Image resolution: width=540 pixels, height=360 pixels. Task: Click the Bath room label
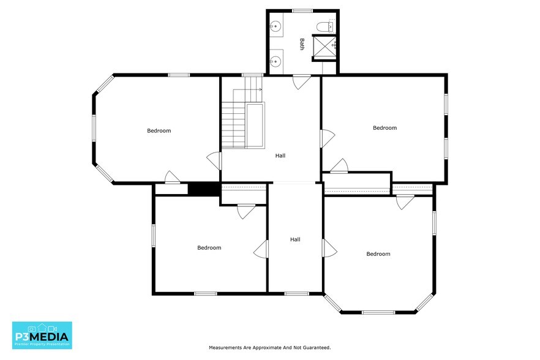[x=302, y=44]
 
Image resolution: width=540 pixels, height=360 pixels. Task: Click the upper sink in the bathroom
[x=276, y=26]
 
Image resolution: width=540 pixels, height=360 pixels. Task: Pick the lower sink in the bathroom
[x=276, y=62]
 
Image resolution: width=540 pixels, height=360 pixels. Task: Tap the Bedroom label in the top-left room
[x=159, y=130]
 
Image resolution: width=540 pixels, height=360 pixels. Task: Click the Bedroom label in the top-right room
[x=384, y=128]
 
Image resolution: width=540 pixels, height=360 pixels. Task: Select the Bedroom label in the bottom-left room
[x=209, y=248]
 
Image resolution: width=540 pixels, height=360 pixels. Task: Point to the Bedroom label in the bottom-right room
[x=378, y=254]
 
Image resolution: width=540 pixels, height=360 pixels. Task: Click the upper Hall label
[x=280, y=156]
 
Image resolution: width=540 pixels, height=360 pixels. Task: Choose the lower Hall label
[x=295, y=239]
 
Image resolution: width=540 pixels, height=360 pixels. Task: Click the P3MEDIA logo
[x=42, y=335]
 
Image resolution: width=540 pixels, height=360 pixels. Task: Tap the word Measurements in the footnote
[x=225, y=348]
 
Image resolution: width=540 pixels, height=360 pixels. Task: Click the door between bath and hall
[x=302, y=82]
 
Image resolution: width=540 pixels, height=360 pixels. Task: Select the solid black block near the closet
[x=204, y=189]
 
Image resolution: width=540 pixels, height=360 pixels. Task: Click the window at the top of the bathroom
[x=302, y=11]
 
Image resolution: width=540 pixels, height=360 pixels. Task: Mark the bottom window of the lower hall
[x=296, y=294]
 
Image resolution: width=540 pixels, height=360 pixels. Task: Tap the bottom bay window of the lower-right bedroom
[x=378, y=312]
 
